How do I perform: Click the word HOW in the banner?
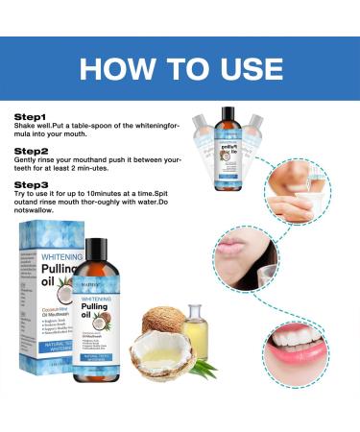118,72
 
